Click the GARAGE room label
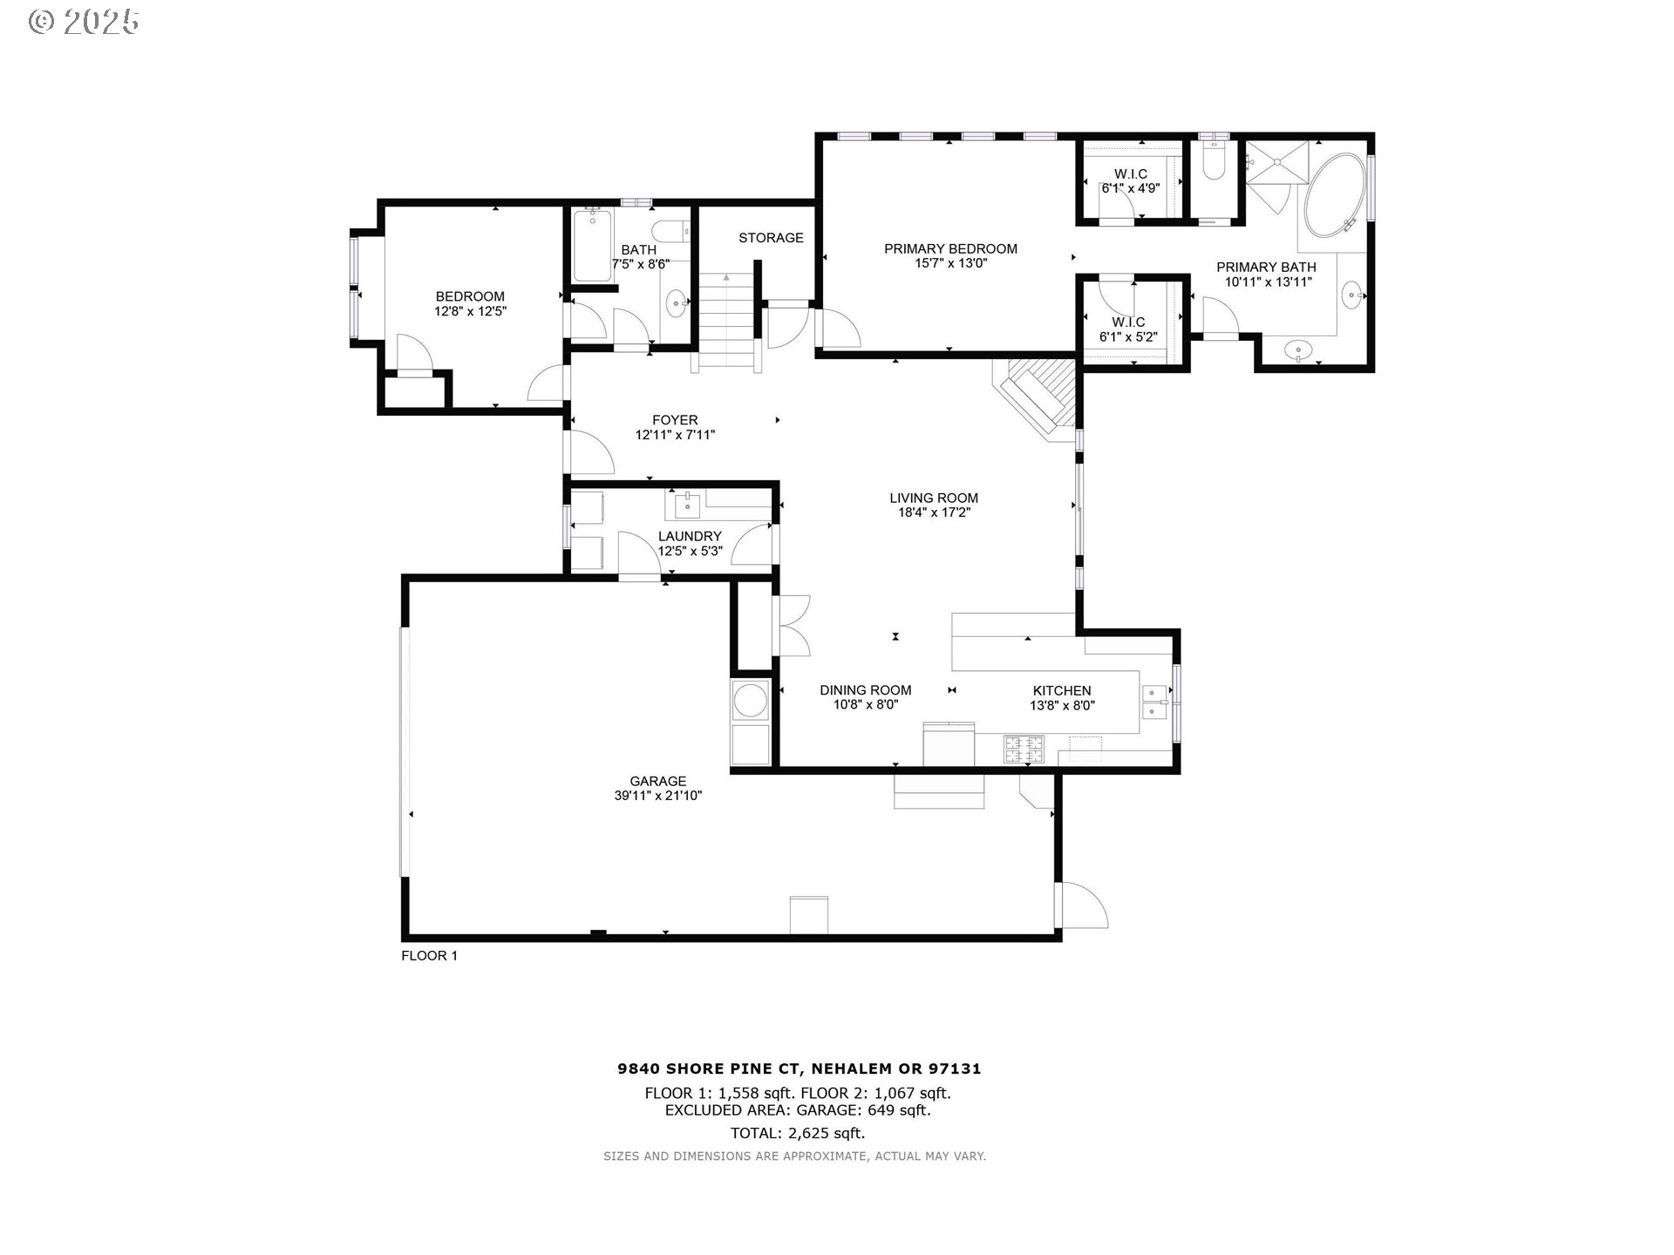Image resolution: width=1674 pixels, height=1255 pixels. (657, 781)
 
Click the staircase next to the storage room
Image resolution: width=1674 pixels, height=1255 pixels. (726, 322)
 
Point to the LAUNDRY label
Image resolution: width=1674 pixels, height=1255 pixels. (690, 536)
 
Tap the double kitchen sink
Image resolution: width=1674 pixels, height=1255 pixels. (1154, 702)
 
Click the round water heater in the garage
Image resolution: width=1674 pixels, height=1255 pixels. (751, 700)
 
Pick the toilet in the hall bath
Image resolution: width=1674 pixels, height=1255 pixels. (671, 233)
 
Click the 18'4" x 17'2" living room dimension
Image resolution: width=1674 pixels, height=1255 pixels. (934, 512)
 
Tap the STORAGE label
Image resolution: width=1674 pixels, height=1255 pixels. (771, 238)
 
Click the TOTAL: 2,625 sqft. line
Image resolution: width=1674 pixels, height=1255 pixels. (798, 1133)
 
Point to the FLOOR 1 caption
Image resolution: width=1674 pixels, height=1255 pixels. (429, 955)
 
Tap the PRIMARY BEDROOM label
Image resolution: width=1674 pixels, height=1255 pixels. (950, 248)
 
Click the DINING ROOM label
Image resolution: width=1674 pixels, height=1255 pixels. (865, 690)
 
